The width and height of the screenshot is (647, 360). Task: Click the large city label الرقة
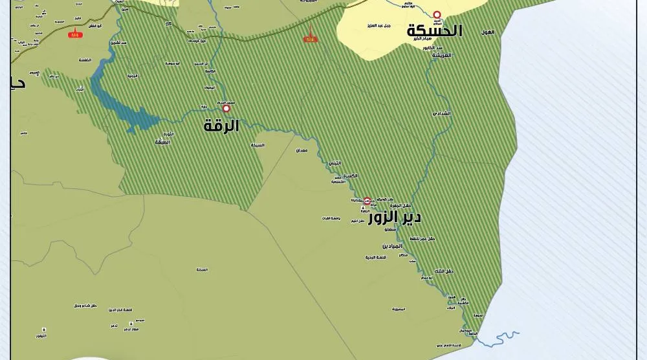(x=221, y=126)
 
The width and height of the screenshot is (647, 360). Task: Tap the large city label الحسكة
(x=435, y=31)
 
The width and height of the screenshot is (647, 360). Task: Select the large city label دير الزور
(x=395, y=218)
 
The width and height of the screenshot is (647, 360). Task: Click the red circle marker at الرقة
(x=226, y=109)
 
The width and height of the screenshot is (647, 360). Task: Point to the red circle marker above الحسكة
(x=437, y=14)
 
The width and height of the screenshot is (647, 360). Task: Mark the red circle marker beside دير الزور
(x=367, y=201)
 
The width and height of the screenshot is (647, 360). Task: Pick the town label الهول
(x=487, y=32)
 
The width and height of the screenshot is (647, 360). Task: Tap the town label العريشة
(x=441, y=56)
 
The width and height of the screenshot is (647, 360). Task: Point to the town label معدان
(x=302, y=150)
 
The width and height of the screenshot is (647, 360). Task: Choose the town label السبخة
(x=258, y=145)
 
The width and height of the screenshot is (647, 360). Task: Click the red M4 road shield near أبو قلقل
(x=76, y=33)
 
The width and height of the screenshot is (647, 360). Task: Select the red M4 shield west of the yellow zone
(x=311, y=39)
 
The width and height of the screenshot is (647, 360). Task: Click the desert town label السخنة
(x=202, y=269)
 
